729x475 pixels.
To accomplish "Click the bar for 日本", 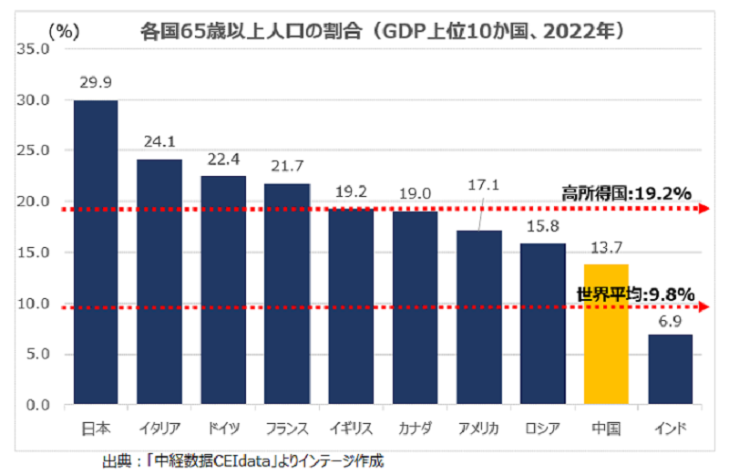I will pyautogui.click(x=96, y=252).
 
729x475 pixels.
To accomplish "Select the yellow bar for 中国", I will pyautogui.click(x=606, y=334).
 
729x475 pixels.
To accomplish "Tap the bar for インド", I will pyautogui.click(x=670, y=368).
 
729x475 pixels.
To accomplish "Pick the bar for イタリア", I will pyautogui.click(x=159, y=281).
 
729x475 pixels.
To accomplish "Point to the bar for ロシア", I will pyautogui.click(x=542, y=323).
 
